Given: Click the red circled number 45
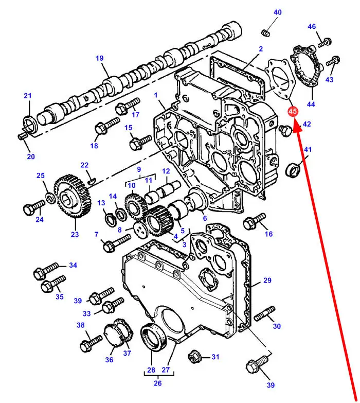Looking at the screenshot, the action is (292, 111).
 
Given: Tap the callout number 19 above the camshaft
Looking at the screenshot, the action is (100, 58).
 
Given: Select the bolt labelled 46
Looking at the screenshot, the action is (325, 43).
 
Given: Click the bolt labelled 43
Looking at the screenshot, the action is (333, 61).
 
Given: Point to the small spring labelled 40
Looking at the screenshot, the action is (265, 33).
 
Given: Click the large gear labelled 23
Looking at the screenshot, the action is (73, 196).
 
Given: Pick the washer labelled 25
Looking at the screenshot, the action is (50, 197).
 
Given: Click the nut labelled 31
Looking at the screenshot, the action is (194, 357).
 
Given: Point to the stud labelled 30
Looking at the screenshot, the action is (264, 313).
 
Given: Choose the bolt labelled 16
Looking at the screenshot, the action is (254, 221).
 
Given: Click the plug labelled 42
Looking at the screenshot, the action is (285, 131).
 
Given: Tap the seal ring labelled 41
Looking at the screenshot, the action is (293, 170).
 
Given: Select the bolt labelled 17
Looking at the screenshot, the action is (128, 106).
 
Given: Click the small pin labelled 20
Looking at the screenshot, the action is (22, 136).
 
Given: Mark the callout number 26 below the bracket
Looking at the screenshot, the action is (158, 383).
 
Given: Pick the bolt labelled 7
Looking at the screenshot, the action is (117, 243).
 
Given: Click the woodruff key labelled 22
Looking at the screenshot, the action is (92, 182).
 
